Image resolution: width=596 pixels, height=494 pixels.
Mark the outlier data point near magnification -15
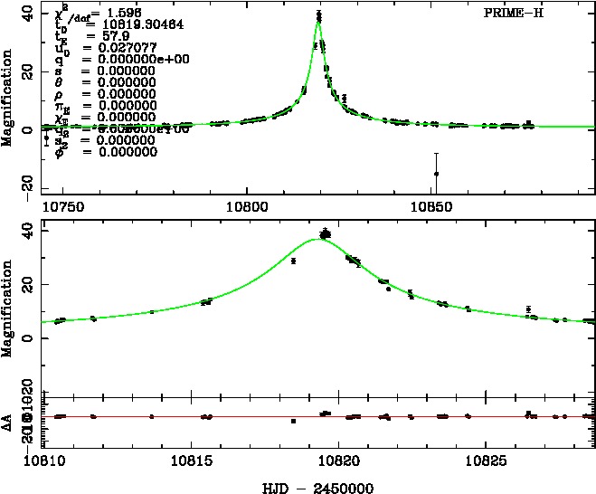click(436, 174)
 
